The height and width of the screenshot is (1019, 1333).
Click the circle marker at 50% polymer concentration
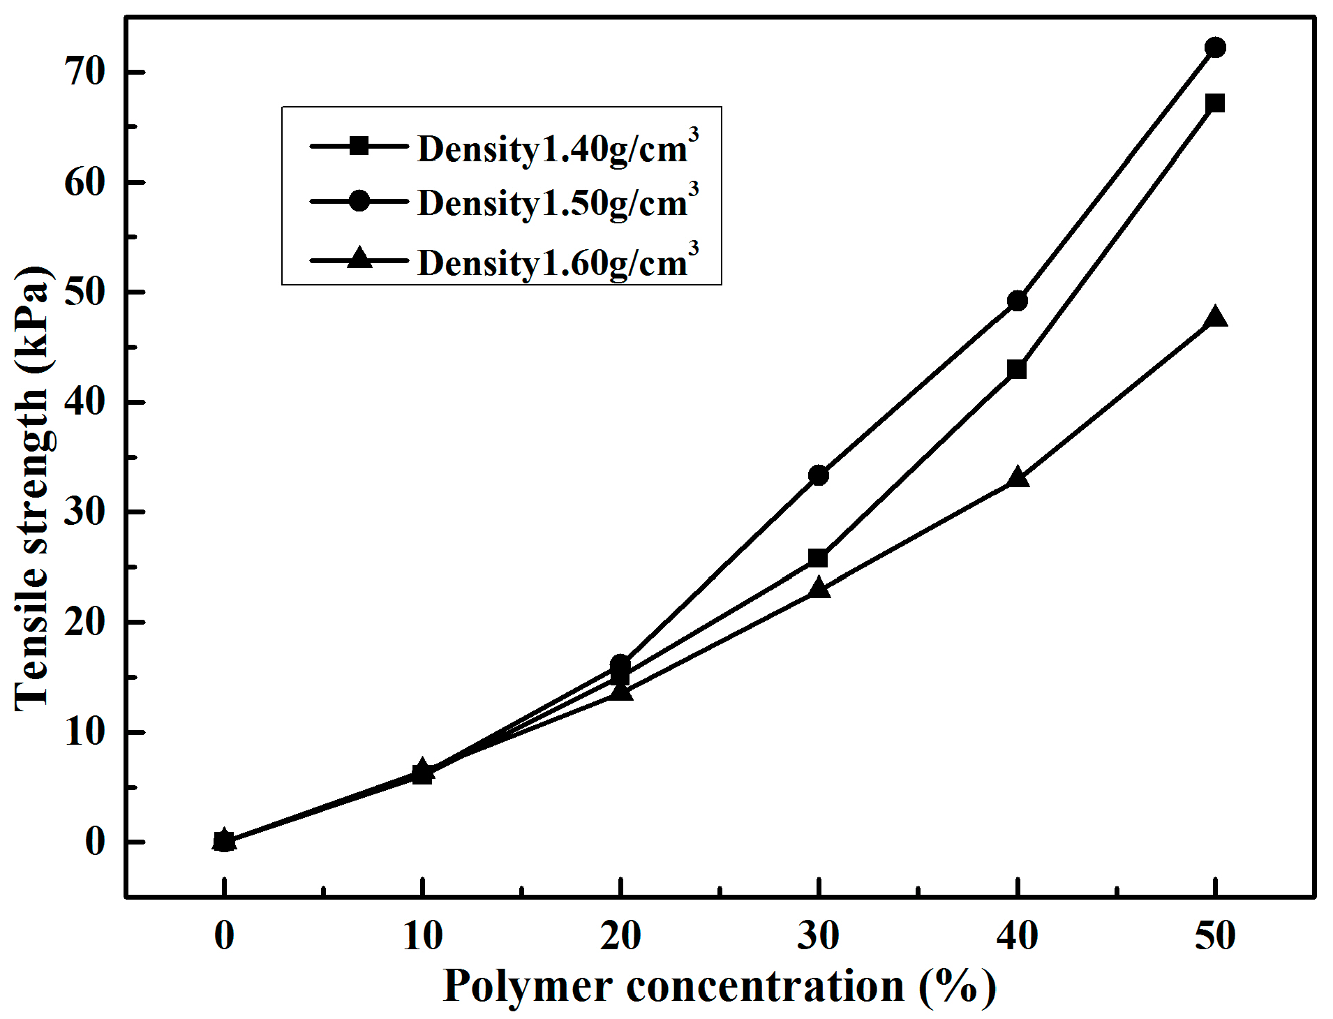tap(1215, 47)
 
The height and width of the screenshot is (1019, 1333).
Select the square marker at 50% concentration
tap(1215, 103)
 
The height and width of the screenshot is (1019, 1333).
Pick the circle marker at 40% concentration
tap(1018, 301)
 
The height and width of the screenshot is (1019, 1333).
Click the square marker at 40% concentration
tap(1018, 369)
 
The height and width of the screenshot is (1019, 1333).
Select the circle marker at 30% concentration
tap(819, 475)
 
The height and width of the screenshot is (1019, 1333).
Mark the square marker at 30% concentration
tap(819, 558)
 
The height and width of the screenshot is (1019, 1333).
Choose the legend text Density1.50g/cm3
tap(557, 202)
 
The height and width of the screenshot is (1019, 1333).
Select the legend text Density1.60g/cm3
tap(557, 262)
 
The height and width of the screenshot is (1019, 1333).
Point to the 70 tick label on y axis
tap(85, 72)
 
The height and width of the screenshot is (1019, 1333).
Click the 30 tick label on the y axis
tap(85, 512)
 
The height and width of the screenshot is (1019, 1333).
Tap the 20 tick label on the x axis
tap(620, 936)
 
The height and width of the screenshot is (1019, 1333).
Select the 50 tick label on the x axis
tap(1215, 936)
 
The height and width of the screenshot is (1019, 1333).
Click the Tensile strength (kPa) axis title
tap(32, 489)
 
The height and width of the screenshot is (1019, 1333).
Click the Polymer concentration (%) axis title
tap(719, 987)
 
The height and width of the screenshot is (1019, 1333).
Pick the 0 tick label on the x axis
tap(224, 936)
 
